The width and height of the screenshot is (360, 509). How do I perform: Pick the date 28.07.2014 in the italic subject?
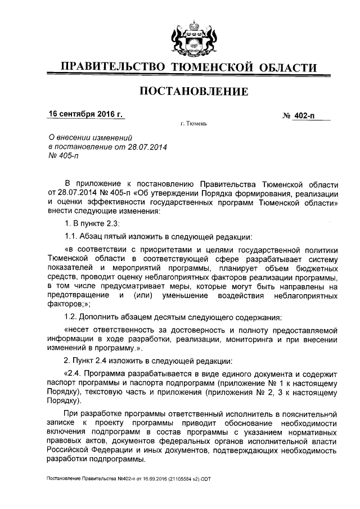point(149,146)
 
